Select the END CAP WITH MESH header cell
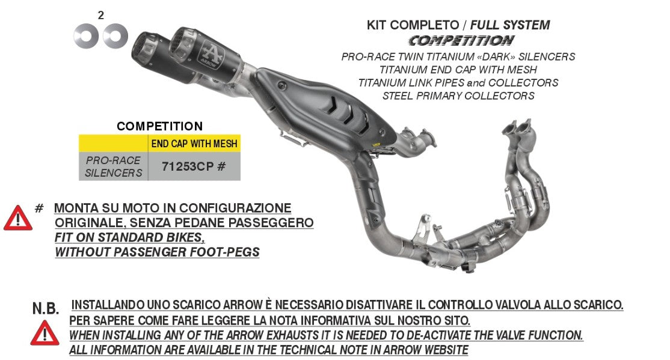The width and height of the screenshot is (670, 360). click(x=194, y=144)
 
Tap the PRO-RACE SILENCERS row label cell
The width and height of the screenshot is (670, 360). click(x=114, y=166)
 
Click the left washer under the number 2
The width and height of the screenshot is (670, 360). click(x=86, y=36)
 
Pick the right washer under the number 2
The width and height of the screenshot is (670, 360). click(x=115, y=36)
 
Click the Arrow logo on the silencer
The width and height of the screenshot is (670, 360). click(x=209, y=49)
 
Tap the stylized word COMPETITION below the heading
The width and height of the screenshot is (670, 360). click(x=461, y=41)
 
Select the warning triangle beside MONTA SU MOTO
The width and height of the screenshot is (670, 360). click(x=18, y=219)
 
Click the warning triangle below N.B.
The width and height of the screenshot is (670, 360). click(x=45, y=333)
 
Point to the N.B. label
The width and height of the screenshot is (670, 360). click(x=46, y=309)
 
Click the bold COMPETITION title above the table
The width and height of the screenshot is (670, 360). click(x=159, y=126)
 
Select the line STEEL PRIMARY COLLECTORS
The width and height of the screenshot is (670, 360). click(x=458, y=96)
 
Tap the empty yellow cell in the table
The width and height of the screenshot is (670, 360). click(x=114, y=144)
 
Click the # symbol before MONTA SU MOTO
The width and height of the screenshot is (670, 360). click(x=39, y=208)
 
